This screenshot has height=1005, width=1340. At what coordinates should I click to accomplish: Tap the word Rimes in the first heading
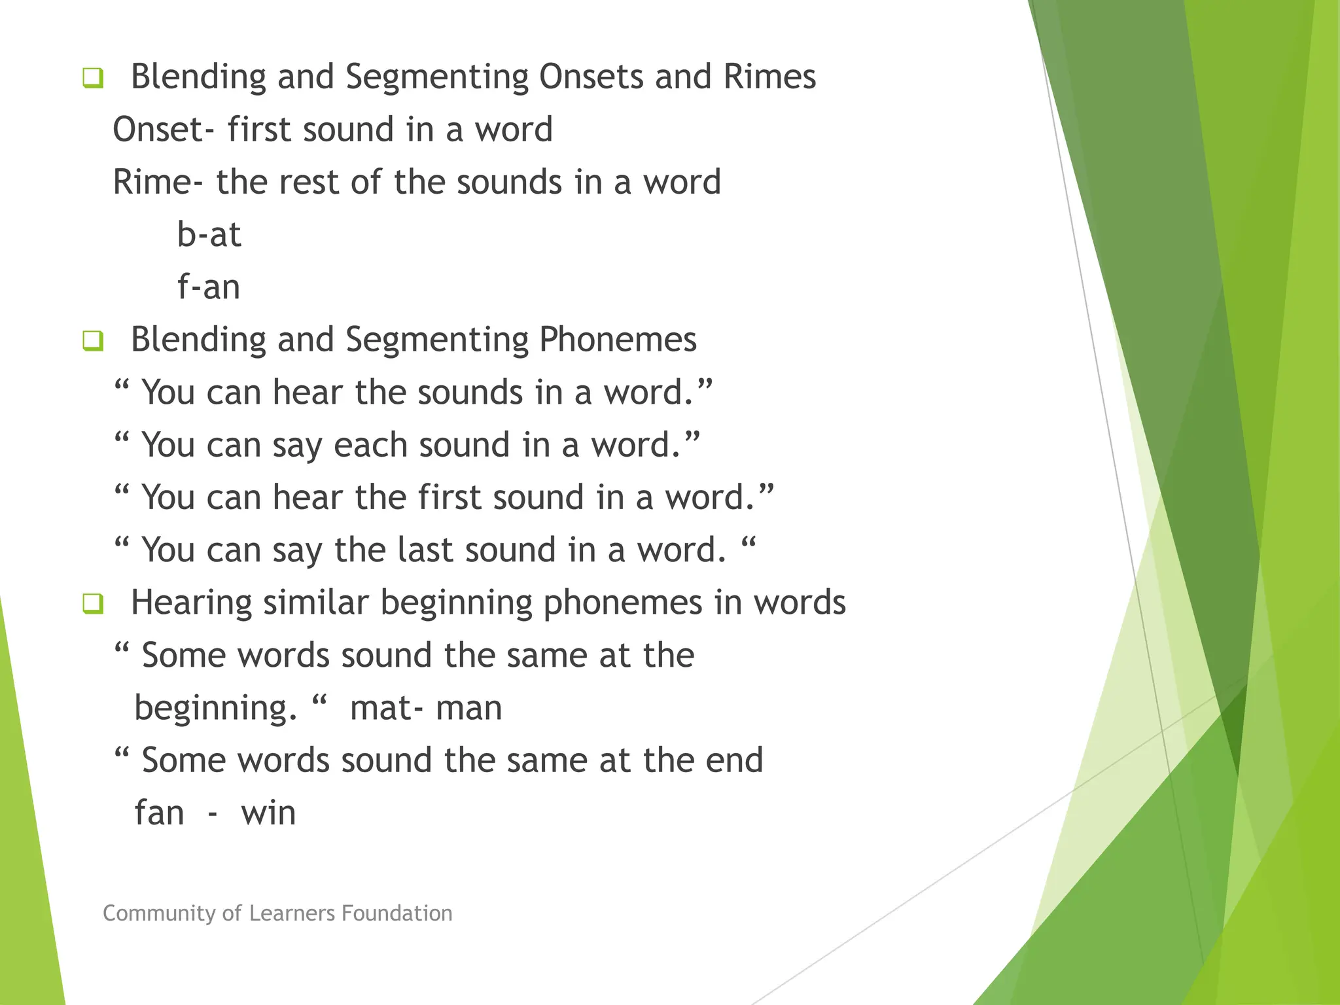tap(769, 77)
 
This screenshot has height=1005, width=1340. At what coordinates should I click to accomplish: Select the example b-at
tap(209, 235)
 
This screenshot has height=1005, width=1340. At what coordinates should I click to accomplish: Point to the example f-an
tap(209, 287)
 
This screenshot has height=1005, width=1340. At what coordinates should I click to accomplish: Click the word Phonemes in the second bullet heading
tap(618, 340)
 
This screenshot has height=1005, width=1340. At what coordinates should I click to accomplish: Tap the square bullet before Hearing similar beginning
tap(93, 603)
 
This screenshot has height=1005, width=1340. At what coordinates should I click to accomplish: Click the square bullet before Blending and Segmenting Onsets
tap(93, 79)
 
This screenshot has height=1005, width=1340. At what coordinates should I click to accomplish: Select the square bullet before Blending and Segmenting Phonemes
tap(93, 341)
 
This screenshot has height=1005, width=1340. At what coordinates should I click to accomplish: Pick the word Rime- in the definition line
tap(158, 182)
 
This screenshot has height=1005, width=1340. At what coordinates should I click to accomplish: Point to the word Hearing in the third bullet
tap(191, 603)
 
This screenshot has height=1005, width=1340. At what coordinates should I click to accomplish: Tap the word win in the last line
tap(268, 813)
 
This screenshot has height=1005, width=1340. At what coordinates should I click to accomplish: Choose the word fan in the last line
tap(159, 813)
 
